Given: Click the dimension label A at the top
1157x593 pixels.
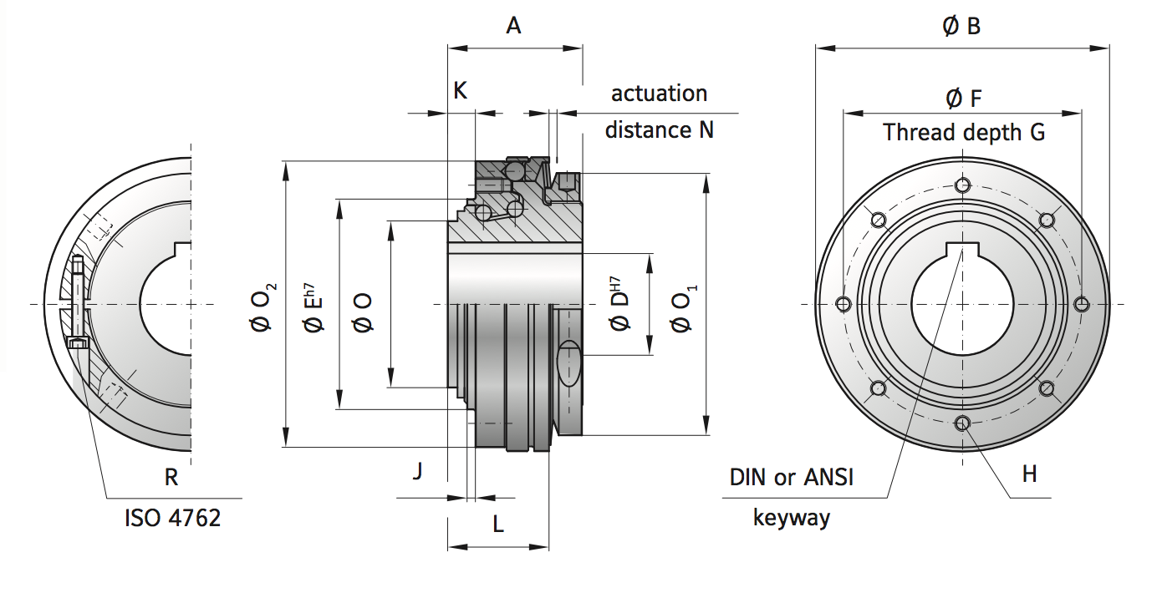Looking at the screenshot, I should pos(513,26).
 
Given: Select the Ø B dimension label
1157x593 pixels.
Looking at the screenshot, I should pos(961,27).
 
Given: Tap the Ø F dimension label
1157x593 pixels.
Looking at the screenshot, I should pos(963,99).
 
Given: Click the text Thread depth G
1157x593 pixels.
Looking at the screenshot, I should pos(963,132).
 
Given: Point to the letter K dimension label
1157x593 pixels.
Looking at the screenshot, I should pos(460,91).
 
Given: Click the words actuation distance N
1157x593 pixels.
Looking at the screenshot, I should pos(659,111).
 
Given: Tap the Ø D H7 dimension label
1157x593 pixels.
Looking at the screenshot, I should pos(620,305).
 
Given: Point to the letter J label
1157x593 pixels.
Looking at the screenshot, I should pos(417,472).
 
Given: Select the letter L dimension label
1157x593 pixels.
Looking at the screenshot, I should pos(497,525).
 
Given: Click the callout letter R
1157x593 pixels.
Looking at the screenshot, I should pos(171,477).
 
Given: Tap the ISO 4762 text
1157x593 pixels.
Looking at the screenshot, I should pos(172,518).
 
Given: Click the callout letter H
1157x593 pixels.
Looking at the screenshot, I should pos(1029,474).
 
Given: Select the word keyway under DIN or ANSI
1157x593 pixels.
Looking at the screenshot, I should pos(791,517).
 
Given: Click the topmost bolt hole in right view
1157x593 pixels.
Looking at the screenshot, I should pos(963,185).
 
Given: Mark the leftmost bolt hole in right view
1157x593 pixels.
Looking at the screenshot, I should pos(844,303).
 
